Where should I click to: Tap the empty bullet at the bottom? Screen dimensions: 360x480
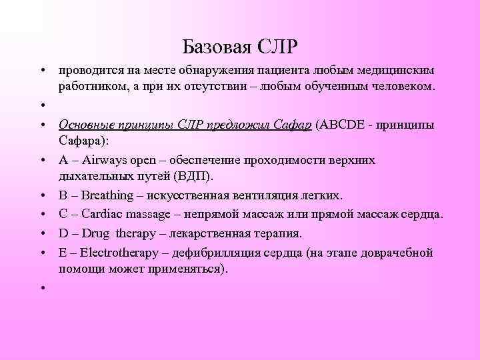click(42, 287)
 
